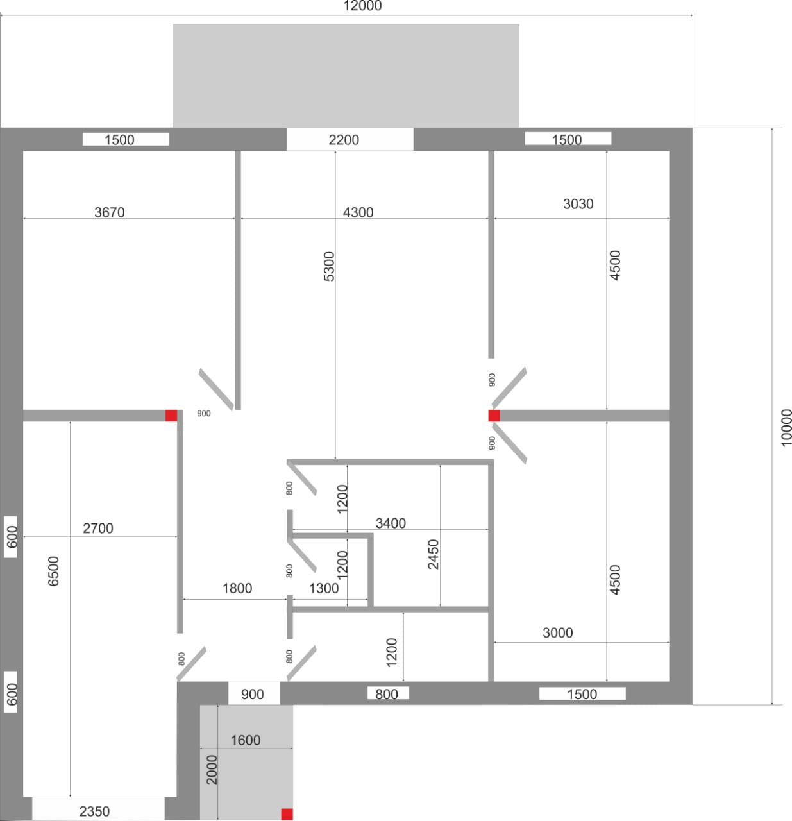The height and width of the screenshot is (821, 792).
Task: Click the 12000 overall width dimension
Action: [362, 6]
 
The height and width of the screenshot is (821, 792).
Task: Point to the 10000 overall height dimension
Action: [786, 427]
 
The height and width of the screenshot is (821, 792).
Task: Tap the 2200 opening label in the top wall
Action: [344, 140]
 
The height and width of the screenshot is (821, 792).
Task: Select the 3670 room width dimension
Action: [110, 212]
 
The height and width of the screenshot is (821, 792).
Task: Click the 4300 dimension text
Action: [358, 212]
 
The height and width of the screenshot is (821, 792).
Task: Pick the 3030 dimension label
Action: [578, 204]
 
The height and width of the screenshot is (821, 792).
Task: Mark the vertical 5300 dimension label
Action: [328, 266]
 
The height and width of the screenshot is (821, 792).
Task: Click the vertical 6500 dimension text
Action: [53, 570]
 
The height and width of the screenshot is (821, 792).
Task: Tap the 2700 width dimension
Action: [98, 529]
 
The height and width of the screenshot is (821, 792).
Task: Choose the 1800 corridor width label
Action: [237, 588]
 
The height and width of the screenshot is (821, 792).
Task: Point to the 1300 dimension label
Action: [324, 588]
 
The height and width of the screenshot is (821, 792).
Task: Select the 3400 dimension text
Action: [391, 523]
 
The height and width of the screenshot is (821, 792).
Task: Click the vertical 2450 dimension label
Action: [434, 554]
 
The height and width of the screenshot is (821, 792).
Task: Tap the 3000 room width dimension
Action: [557, 633]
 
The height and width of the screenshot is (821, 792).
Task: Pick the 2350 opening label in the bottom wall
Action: [94, 811]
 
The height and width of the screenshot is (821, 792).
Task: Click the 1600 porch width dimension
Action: [245, 740]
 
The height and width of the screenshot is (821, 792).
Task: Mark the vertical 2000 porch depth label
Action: [212, 769]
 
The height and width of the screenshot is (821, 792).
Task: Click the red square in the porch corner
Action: [287, 814]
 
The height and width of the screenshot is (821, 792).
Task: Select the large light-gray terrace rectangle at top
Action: [346, 76]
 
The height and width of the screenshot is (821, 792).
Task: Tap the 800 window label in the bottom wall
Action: [387, 694]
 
